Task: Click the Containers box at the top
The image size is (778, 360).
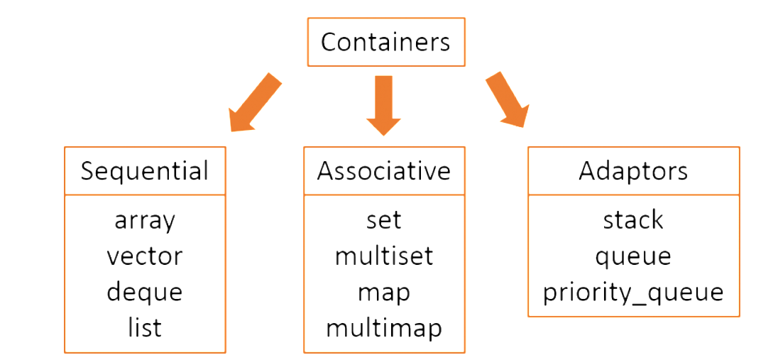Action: (x=385, y=42)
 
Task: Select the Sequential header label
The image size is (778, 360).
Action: (x=145, y=171)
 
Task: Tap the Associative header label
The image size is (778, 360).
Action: (x=384, y=171)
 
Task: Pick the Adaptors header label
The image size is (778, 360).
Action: (x=633, y=171)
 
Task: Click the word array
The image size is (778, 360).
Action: (x=145, y=221)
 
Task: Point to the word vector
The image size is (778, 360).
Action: (x=145, y=256)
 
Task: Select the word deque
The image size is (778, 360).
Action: (x=145, y=292)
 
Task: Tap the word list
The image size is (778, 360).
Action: (x=145, y=327)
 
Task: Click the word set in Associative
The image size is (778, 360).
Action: (x=384, y=220)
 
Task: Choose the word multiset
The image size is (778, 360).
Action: (x=384, y=256)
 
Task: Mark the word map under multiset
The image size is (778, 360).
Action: (x=384, y=293)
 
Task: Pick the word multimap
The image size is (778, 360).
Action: (x=384, y=327)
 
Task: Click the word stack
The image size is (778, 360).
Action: (x=633, y=220)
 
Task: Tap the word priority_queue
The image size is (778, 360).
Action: (x=633, y=293)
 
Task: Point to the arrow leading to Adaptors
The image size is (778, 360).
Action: (x=507, y=99)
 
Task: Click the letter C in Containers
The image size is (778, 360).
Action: (x=329, y=42)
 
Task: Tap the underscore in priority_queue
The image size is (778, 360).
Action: (x=640, y=301)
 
